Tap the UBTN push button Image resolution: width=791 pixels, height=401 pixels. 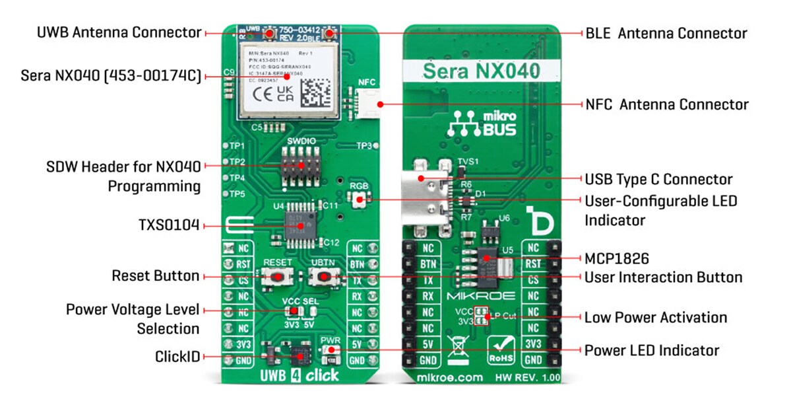[x=321, y=279]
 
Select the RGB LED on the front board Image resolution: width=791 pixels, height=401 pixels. [x=360, y=199]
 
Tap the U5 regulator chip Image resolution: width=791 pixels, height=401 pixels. [x=488, y=260]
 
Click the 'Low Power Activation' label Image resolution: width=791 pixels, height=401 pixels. [x=655, y=318]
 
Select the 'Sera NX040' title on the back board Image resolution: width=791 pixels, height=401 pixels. [x=480, y=71]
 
